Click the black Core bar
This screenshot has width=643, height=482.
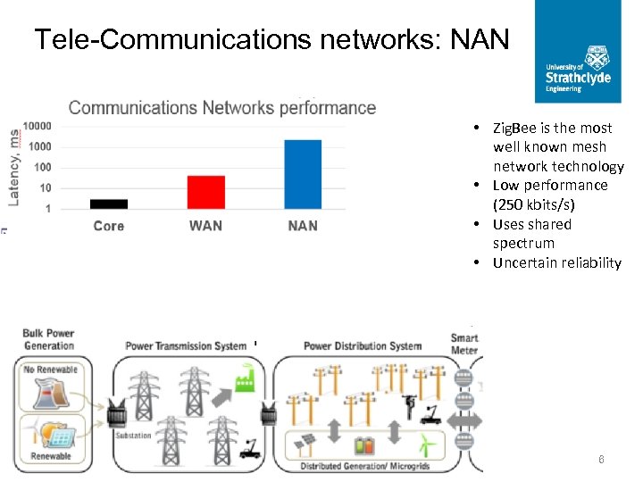point(109,204)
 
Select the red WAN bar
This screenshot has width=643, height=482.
point(205,192)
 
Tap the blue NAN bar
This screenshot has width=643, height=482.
point(303,174)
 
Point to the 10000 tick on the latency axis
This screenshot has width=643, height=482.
point(37,126)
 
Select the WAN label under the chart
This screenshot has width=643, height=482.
point(205,226)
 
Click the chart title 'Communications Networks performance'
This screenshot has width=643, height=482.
point(221,108)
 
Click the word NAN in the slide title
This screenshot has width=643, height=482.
point(480,39)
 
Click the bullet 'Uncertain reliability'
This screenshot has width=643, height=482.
point(556,262)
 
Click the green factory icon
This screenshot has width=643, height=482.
point(245,383)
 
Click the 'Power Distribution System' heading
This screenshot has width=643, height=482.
point(363,345)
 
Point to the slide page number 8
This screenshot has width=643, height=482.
point(601,460)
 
